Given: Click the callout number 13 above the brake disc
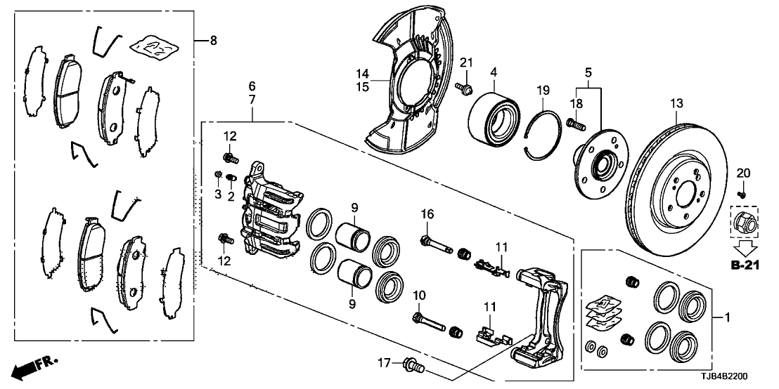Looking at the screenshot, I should (676, 104).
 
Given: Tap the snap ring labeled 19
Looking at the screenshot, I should (544, 131).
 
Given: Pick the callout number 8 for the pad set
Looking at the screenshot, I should (214, 41).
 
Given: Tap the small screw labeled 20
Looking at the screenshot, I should (741, 192).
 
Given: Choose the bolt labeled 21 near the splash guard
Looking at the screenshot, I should (465, 88).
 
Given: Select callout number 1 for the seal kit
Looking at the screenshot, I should (727, 318).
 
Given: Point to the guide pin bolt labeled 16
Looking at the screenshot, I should (434, 244).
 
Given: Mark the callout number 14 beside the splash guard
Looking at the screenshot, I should (362, 73).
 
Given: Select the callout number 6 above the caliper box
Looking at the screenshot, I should (252, 86).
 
